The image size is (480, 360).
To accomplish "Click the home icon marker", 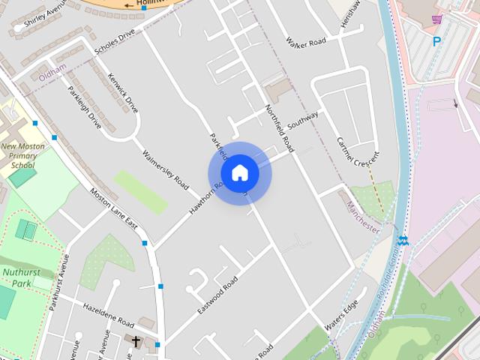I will [x=239, y=172].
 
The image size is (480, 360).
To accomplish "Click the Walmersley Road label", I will [x=166, y=169].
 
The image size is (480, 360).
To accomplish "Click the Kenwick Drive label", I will [x=122, y=92].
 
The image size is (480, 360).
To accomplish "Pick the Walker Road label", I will [x=306, y=41].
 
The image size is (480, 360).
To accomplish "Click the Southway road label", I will [x=302, y=121].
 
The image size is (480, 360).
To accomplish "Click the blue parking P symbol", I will [x=436, y=42].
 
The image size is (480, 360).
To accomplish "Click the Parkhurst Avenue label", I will [x=58, y=283].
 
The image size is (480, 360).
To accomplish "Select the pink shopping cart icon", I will [x=436, y=19].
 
